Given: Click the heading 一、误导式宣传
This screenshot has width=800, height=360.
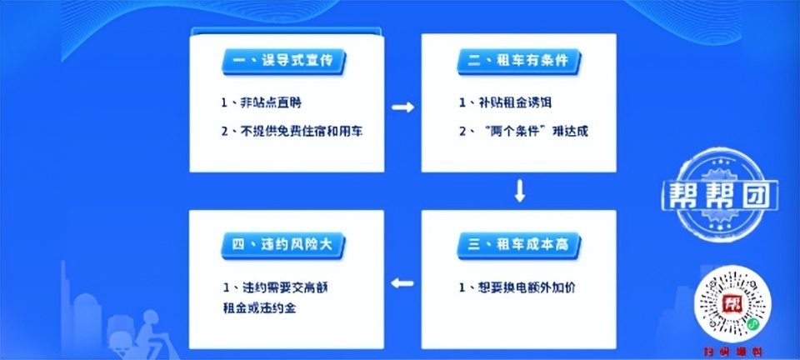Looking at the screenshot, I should [x=284, y=61].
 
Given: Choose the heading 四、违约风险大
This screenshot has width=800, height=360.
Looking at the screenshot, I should [x=284, y=243].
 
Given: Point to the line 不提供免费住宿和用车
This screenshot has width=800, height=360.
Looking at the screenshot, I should [x=291, y=132].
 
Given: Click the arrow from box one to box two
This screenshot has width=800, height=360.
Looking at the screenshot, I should [x=403, y=107].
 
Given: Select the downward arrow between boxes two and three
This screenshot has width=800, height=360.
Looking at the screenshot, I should [x=520, y=191].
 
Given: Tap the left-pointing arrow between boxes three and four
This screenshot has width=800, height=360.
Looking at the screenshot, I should [x=403, y=283].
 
